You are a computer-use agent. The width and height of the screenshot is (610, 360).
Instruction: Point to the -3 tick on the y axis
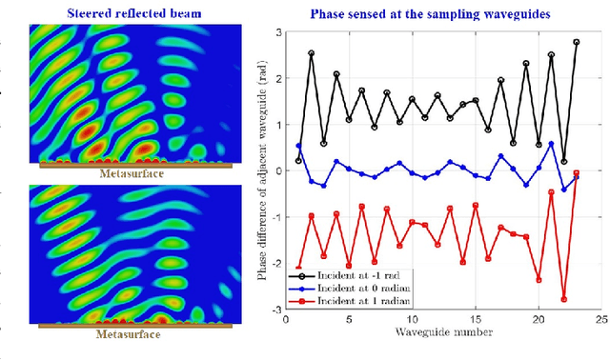274,310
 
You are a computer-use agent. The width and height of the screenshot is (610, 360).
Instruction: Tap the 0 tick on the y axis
277,170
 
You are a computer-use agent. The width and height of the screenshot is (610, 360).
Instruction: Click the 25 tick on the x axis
600,320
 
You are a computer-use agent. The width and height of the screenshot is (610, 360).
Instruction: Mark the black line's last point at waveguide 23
576,42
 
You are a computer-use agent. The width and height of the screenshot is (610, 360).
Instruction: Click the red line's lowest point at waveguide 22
563,299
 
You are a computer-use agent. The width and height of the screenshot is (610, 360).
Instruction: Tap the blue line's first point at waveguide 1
298,146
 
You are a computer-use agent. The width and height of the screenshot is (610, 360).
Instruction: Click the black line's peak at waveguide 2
311,53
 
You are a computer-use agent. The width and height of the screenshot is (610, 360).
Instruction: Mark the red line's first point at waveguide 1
298,268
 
